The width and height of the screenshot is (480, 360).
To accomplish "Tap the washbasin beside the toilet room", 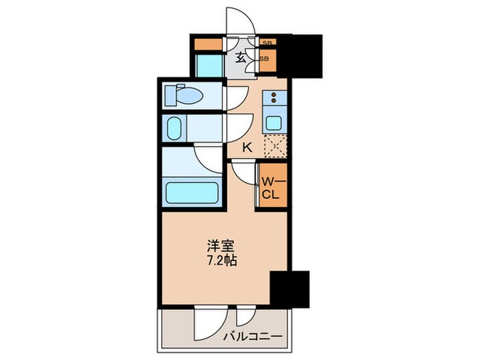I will [x=173, y=128].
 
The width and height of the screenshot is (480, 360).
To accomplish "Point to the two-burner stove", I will [x=274, y=100].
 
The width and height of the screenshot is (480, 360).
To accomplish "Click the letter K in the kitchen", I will [x=248, y=146].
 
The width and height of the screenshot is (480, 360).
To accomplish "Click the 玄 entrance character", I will [x=241, y=58].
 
